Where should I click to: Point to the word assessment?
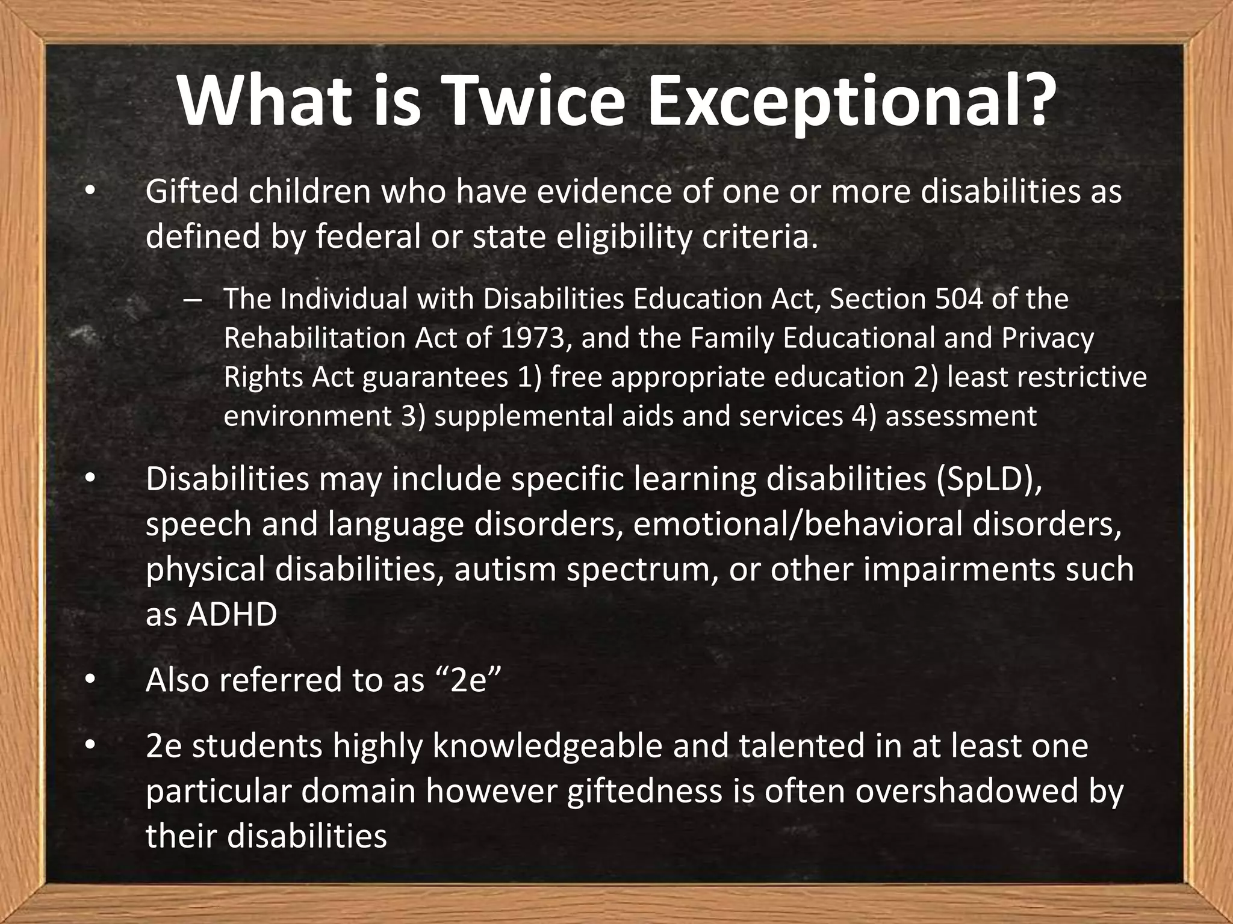[x=961, y=416]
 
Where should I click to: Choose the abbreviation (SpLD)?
[x=989, y=479]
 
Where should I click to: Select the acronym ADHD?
[x=231, y=614]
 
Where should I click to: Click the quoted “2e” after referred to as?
[x=467, y=680]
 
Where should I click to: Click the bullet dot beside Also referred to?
[x=90, y=680]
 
